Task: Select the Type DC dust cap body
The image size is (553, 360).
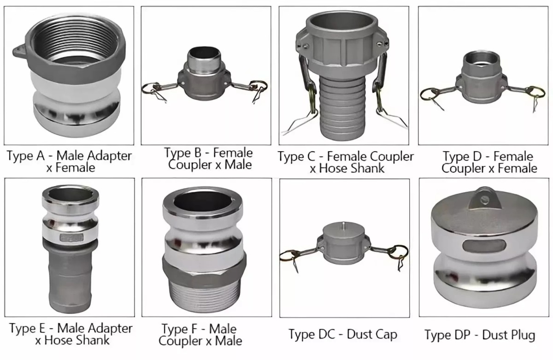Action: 344,243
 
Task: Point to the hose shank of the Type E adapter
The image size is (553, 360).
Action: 70,279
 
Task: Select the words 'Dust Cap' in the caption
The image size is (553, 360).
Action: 372,334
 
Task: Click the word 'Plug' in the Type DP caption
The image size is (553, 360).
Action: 521,335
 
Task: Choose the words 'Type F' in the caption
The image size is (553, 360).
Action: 179,329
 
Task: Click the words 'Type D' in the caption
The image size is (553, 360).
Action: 462,157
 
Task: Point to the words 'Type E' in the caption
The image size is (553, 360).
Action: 27,328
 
